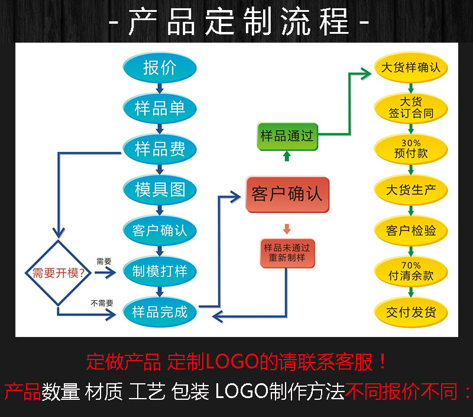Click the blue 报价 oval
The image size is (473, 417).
[x=160, y=68]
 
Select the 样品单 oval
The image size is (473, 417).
[x=160, y=108]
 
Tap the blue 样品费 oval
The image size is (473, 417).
[x=160, y=148]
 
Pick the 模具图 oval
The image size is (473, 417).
[x=160, y=189]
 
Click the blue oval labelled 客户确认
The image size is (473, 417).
[x=160, y=230]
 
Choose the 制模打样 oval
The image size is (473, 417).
[x=160, y=271]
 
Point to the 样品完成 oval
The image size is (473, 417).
[x=160, y=311]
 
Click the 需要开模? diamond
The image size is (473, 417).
[x=58, y=272]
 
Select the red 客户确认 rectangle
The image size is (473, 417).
[x=287, y=194]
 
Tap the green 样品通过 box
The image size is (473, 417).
[x=287, y=136]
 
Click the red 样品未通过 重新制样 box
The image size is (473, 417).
[x=287, y=252]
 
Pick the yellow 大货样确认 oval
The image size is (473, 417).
[x=411, y=68]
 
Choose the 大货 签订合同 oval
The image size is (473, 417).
[x=411, y=107]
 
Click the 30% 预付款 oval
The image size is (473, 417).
[x=411, y=149]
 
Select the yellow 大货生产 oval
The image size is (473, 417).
[x=411, y=190]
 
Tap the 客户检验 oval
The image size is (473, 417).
[x=411, y=230]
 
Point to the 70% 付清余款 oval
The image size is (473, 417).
[x=411, y=271]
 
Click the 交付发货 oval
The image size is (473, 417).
[x=411, y=312]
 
